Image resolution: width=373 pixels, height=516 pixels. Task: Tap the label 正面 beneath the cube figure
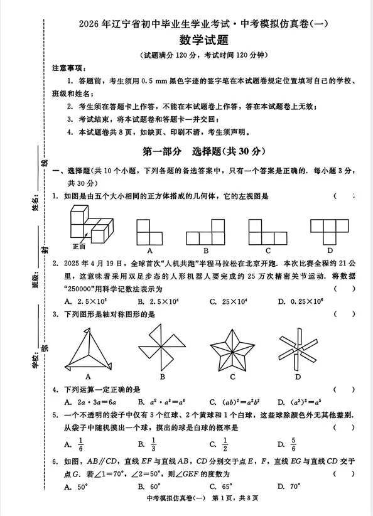(78, 247)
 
